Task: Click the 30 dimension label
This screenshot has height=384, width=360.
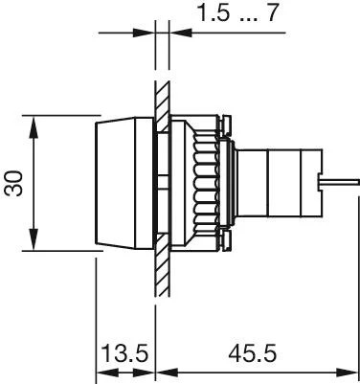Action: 13,184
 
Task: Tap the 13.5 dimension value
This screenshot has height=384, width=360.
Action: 124,353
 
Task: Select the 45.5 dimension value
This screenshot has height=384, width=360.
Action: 252,353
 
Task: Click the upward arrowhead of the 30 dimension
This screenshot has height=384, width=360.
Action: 34,126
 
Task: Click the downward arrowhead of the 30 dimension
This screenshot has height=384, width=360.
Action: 34,239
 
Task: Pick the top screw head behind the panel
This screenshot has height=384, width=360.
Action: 225,124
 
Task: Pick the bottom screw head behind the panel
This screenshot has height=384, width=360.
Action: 225,241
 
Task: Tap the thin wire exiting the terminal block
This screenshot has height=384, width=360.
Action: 339,182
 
